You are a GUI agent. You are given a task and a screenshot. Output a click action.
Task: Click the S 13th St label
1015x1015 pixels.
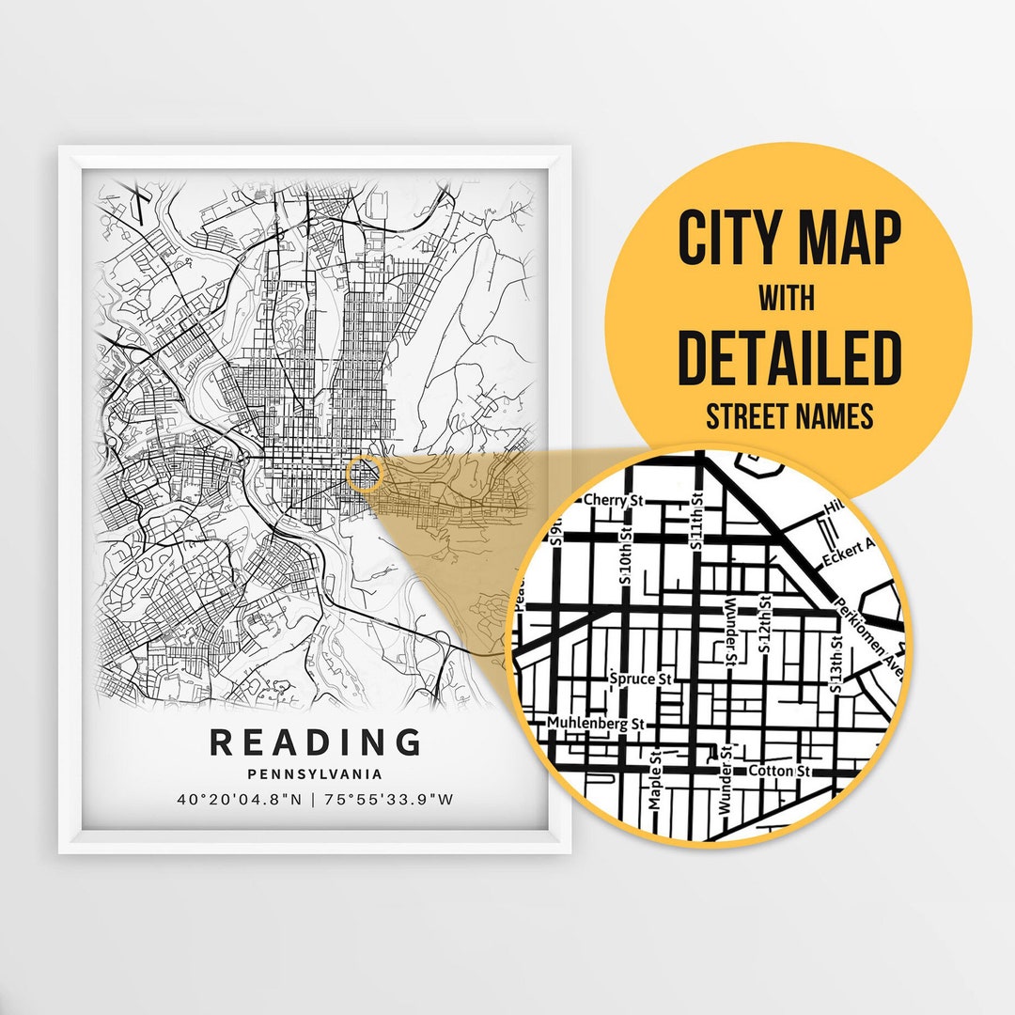(x=835, y=664)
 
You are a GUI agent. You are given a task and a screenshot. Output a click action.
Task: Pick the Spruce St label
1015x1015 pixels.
(x=642, y=678)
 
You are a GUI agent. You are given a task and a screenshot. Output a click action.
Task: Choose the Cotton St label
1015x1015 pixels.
(x=779, y=771)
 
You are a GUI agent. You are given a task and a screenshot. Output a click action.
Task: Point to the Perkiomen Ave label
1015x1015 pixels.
(x=865, y=630)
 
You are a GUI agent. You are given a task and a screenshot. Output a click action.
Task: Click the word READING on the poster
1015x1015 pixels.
(x=315, y=742)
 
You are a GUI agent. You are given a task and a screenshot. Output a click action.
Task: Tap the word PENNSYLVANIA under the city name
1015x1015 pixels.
(x=315, y=774)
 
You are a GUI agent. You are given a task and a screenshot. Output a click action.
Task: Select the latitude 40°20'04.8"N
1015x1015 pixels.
(x=241, y=800)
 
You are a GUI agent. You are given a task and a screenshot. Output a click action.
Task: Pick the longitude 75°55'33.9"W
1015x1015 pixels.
(x=389, y=800)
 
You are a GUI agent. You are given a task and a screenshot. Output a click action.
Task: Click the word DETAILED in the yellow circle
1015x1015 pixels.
(x=789, y=358)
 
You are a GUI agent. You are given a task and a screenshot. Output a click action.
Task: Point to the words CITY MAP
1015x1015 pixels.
(x=789, y=239)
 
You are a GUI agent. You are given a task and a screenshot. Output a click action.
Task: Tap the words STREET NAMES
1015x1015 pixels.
(x=789, y=415)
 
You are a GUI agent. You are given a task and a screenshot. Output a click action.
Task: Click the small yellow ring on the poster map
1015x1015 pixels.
(x=363, y=476)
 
